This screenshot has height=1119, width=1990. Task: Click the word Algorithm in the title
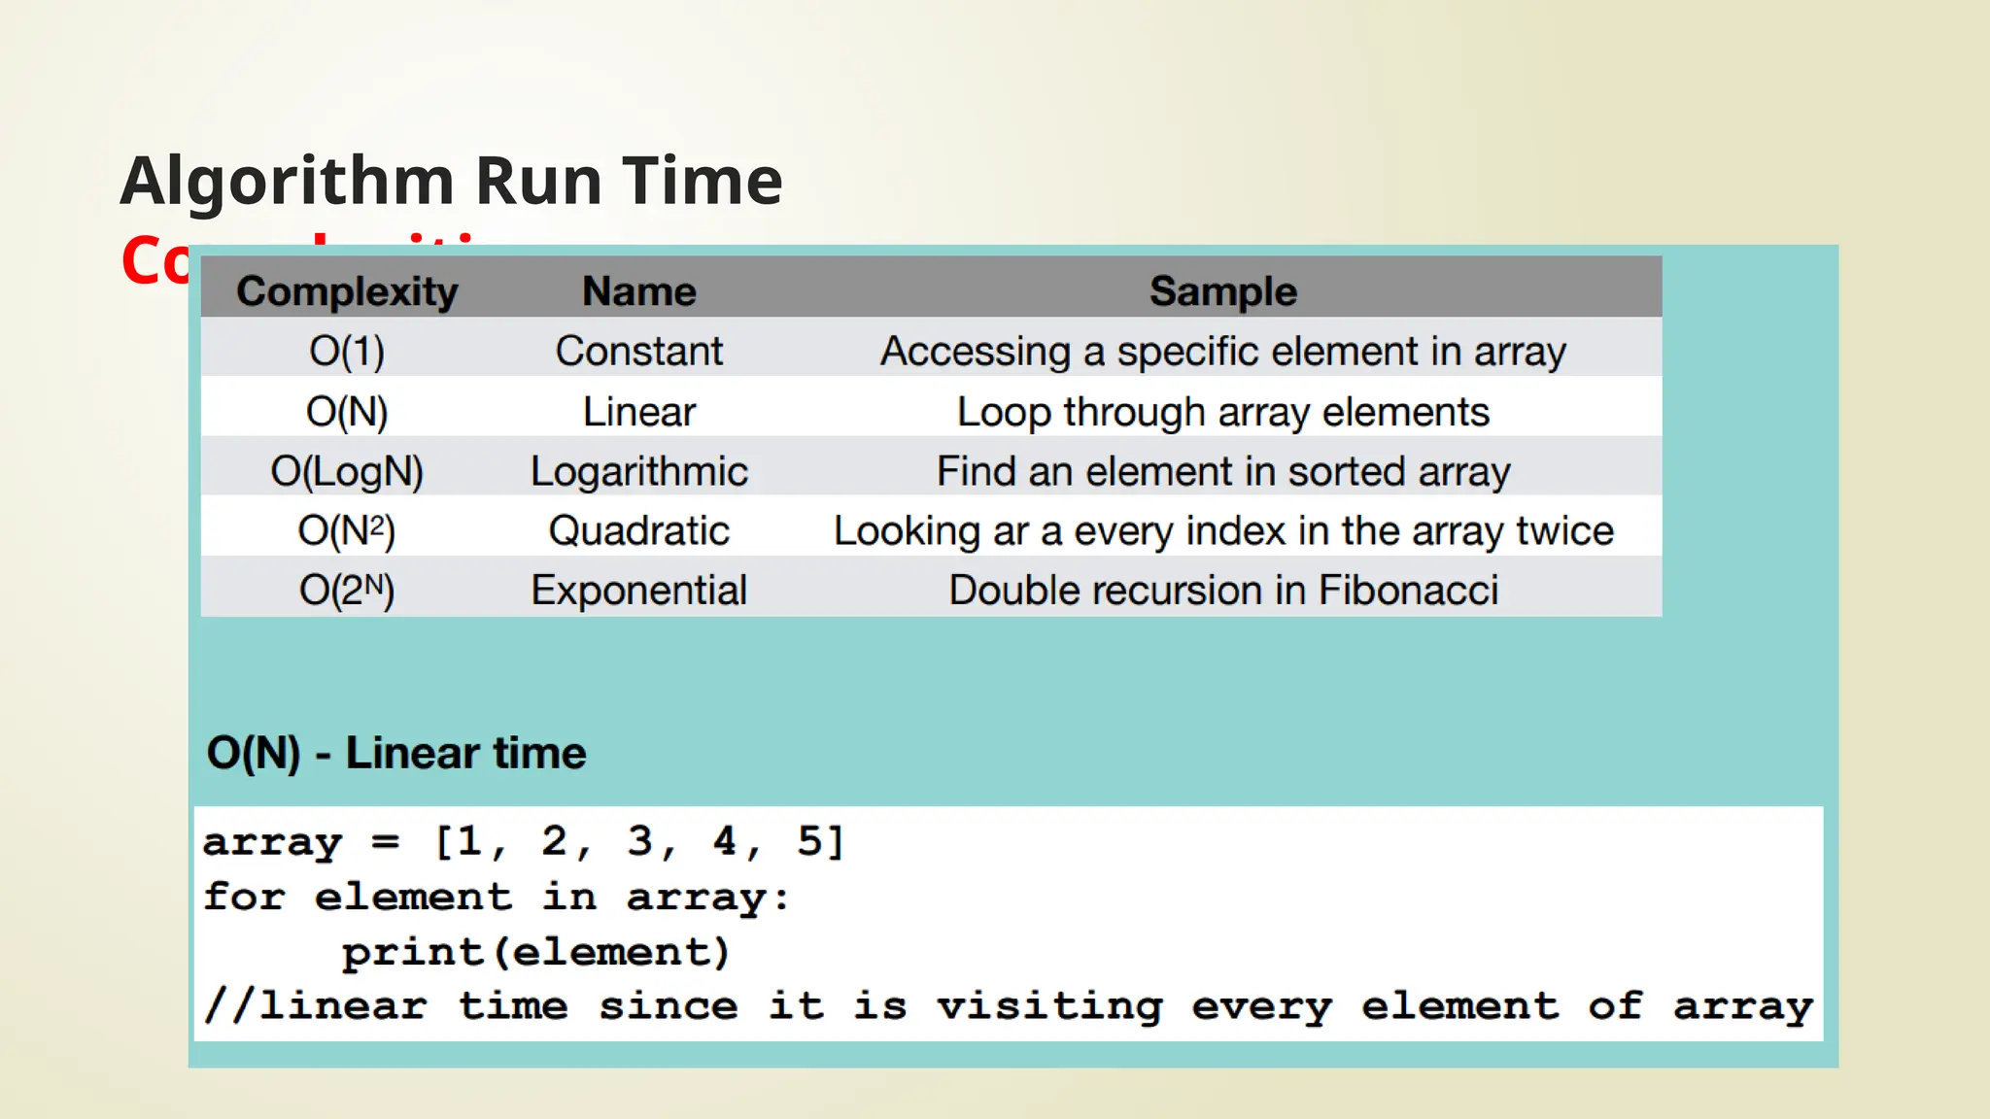(288, 182)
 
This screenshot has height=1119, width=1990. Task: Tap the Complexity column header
(347, 291)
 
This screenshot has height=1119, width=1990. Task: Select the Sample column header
(1222, 291)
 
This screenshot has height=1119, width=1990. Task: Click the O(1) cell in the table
(347, 352)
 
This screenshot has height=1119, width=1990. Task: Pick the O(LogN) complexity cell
(347, 472)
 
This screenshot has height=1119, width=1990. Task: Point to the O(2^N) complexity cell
(347, 591)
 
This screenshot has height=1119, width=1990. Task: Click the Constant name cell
(638, 352)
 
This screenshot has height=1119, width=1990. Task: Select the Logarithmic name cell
(638, 472)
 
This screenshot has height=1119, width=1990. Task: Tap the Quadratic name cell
(638, 531)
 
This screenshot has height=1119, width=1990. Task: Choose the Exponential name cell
(638, 591)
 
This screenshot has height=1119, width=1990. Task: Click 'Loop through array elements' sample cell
(1222, 412)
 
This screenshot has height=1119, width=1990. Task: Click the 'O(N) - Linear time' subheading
(396, 754)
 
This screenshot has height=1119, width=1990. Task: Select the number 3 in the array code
(639, 841)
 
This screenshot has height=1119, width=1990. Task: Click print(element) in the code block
(535, 952)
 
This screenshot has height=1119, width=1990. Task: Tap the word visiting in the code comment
(1049, 1006)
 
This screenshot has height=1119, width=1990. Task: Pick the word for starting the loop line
(244, 897)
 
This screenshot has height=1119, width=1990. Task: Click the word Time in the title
(702, 182)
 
